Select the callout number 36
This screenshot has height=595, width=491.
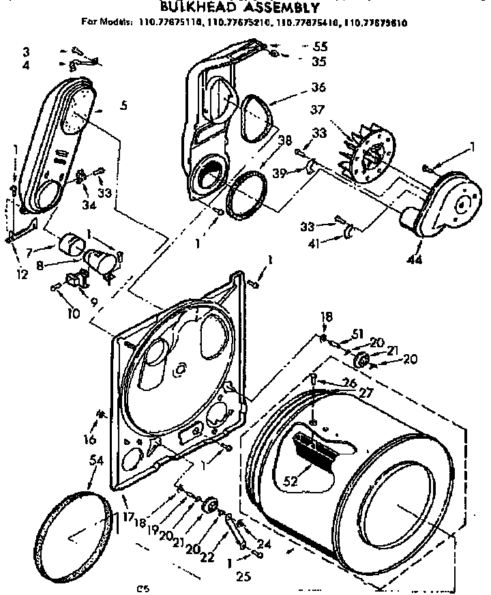click(318, 87)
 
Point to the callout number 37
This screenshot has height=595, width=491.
click(316, 110)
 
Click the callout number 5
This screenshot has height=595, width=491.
click(123, 106)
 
